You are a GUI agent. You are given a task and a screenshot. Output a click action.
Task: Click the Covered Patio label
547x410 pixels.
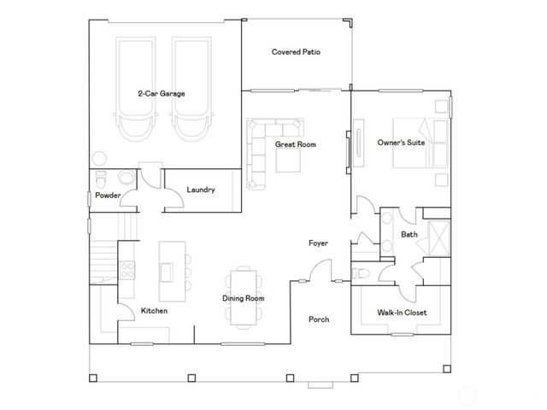296,52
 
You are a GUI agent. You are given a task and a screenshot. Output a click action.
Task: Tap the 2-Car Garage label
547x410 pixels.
162,93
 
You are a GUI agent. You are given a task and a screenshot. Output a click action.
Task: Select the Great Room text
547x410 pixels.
295,144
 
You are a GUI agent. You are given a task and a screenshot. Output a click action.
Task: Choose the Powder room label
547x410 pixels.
108,196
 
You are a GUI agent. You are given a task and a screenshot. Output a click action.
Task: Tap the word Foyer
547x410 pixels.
319,243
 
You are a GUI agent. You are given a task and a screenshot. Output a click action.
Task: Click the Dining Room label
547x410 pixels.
243,298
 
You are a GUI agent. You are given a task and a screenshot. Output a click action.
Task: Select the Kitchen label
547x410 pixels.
155,311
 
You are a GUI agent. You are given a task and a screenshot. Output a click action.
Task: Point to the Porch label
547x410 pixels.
319,319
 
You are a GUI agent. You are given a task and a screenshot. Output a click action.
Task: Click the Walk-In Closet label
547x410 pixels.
402,313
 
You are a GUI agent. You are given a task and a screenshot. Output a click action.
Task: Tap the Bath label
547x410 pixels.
409,234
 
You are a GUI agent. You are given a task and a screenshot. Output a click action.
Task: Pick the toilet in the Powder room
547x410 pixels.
102,181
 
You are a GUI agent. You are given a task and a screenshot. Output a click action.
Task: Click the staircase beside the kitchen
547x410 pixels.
103,252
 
